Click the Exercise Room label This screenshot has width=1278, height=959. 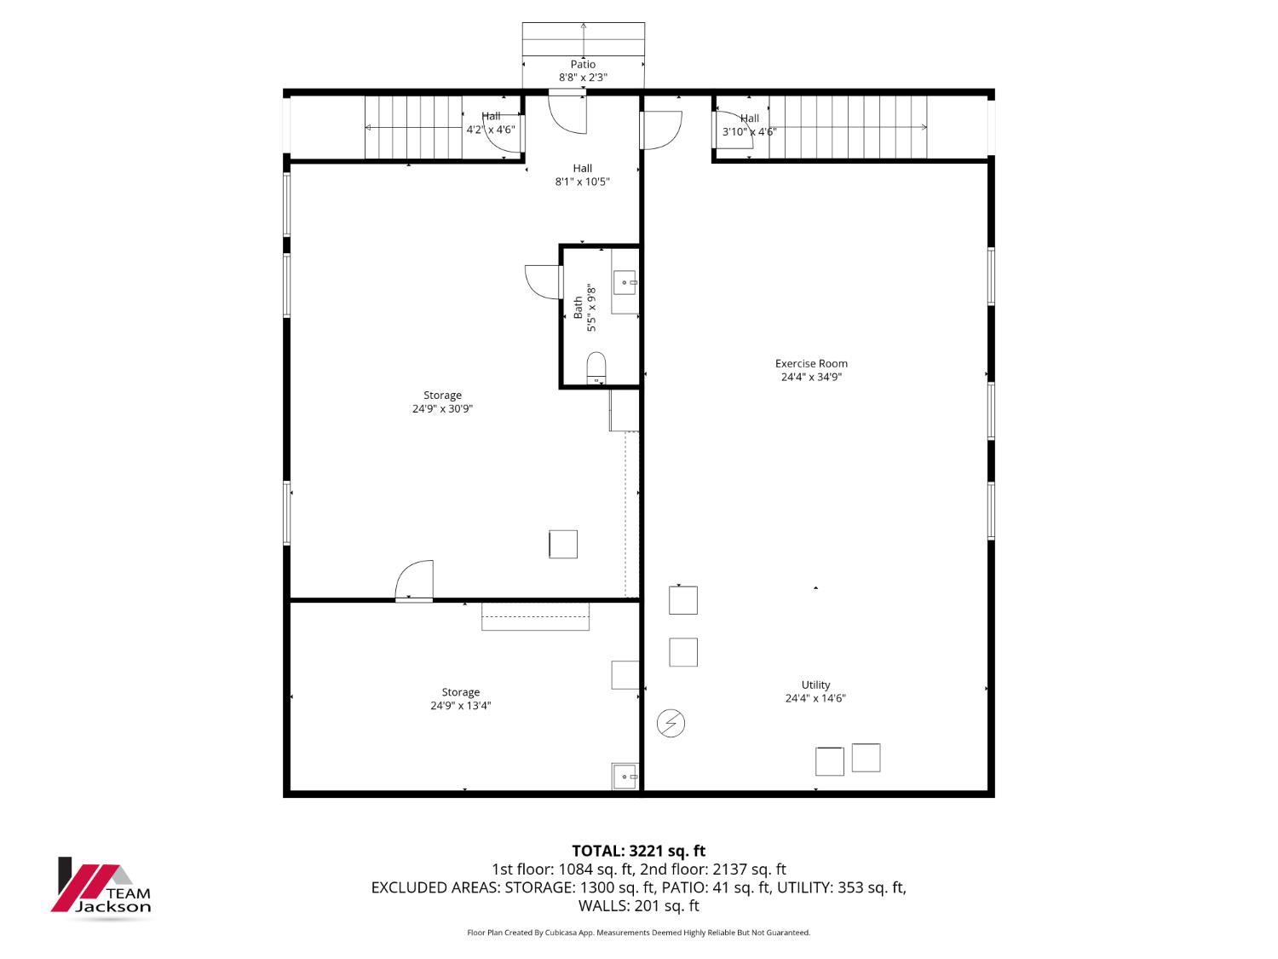810,363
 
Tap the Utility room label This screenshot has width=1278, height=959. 815,685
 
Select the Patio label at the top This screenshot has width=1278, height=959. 583,64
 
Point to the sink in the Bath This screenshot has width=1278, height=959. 625,283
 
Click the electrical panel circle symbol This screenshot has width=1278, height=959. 671,723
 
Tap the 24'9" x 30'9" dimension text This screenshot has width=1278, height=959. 442,409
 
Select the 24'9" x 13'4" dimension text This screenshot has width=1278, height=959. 461,706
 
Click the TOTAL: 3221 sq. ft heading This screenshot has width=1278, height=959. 639,851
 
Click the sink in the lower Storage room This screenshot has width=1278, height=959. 625,777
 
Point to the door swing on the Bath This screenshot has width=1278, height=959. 544,282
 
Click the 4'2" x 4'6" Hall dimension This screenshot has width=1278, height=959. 491,130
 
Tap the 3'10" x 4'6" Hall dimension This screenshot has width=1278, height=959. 749,131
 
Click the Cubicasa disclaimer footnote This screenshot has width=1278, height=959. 639,933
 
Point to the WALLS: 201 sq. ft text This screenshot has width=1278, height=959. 639,905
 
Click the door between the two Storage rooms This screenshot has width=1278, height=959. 414,580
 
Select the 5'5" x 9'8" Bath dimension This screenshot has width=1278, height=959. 591,308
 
